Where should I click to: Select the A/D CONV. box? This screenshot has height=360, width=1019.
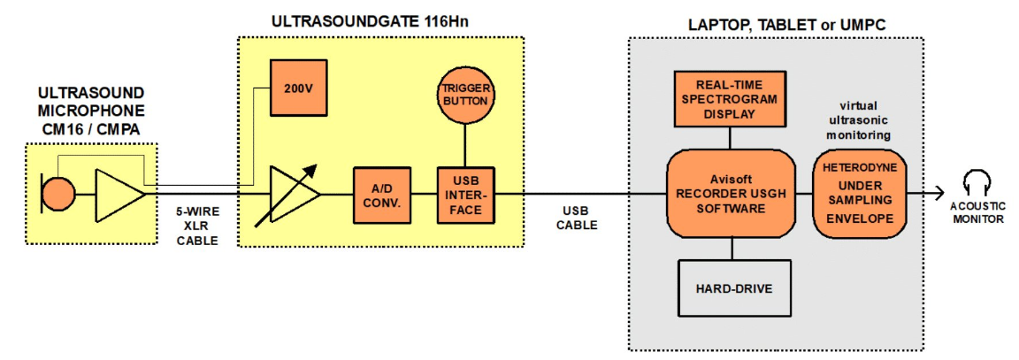382,194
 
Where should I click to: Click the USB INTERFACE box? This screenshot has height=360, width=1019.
466,194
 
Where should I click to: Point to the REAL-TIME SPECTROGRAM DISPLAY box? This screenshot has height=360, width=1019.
730,99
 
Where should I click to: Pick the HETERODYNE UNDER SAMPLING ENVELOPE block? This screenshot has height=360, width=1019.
859,194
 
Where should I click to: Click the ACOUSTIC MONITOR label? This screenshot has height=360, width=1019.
977,213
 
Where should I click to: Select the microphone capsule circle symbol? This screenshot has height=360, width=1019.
58,194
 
